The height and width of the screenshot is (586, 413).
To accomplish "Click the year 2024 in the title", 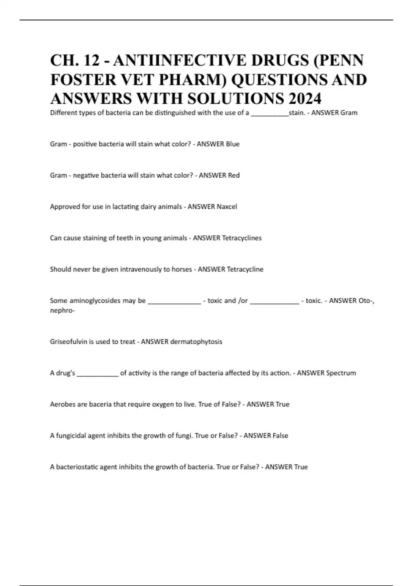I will tap(305, 99).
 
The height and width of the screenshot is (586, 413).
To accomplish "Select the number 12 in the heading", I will tap(91, 60).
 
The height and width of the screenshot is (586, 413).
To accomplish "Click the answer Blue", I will tap(232, 144).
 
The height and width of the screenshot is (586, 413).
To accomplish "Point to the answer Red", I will tap(234, 175).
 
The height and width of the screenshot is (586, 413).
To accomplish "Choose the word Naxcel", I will tap(227, 207).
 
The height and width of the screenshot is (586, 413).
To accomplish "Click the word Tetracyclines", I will tap(242, 238).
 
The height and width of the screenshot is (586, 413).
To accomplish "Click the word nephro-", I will tap(62, 311).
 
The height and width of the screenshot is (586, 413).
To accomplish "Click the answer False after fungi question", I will tap(280, 436).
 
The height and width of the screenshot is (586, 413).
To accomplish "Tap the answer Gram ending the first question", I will tap(349, 113).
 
